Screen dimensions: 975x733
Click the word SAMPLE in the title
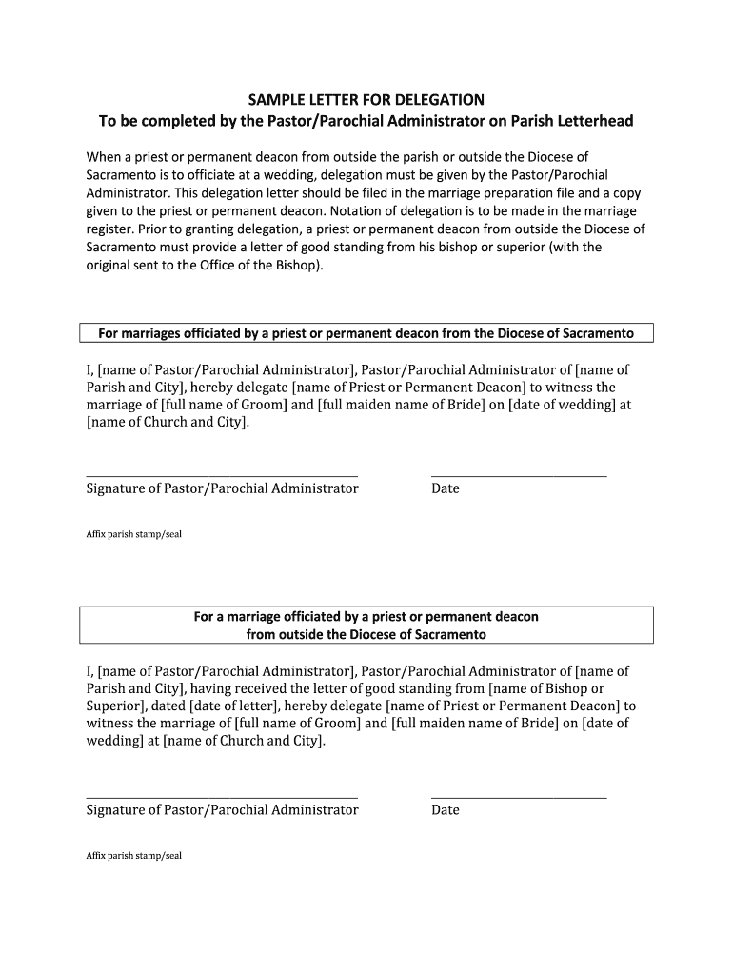pos(277,99)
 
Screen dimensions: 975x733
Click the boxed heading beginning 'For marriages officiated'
pos(366,333)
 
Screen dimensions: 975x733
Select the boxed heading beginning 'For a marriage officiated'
pos(366,625)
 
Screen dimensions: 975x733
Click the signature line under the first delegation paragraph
pos(222,474)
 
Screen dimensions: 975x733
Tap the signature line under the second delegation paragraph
pos(222,796)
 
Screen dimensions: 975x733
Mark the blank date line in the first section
pos(519,474)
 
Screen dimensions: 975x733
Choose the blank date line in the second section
pos(519,796)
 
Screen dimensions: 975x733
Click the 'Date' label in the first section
pos(446,488)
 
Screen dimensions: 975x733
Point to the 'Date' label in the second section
pos(446,810)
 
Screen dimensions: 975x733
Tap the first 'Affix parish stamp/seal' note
pos(133,534)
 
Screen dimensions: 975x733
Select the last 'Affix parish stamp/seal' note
pos(133,856)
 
